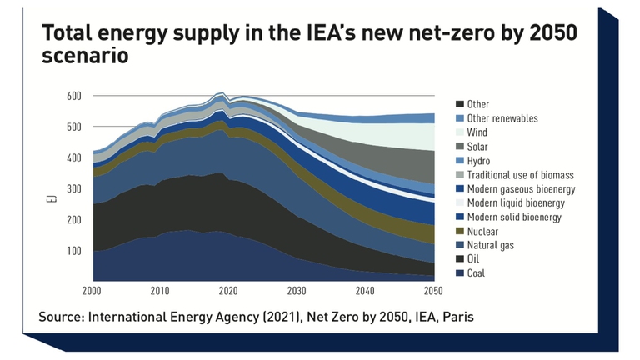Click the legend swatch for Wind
459,132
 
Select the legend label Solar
478,147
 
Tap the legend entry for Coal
476,273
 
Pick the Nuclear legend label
482,231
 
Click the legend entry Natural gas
489,245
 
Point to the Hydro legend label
478,161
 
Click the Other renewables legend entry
502,118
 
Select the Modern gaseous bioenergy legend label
521,189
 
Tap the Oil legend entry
473,259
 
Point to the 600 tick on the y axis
75,96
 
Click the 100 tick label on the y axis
75,250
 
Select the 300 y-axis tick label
75,188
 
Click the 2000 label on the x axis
92,291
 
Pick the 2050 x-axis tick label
433,291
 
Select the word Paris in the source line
460,317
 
